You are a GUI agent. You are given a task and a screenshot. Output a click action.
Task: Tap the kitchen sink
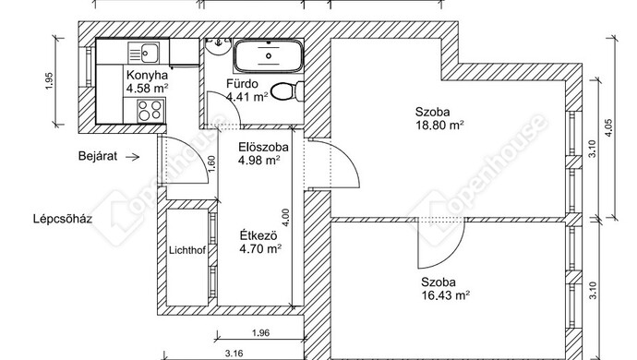pos(143,53)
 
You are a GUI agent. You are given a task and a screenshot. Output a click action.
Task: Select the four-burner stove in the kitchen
pos(150,110)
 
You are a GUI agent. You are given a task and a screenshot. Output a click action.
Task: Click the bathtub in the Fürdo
pos(268,55)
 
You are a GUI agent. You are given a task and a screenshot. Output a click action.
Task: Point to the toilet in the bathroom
pos(288,91)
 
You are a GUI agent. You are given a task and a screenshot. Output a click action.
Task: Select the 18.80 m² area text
pos(439,125)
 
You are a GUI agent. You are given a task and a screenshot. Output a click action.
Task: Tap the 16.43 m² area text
pos(445,295)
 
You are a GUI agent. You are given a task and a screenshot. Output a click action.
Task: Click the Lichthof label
pos(187,250)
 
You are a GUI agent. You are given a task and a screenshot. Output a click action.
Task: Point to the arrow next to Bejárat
pos(132,157)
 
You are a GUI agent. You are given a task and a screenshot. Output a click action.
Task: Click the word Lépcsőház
pos(63,219)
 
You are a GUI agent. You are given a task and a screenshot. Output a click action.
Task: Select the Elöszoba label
pos(263,147)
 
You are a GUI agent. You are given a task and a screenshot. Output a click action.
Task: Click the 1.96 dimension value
pos(261,333)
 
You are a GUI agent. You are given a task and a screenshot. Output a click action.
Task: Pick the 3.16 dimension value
pos(234,354)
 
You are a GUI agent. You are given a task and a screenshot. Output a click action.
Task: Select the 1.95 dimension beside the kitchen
pos(50,81)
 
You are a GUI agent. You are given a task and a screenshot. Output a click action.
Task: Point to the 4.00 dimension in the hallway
pos(285,217)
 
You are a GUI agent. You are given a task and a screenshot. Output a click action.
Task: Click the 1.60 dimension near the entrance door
pos(211,164)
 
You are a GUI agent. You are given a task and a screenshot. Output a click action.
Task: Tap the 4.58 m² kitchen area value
pos(147,88)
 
